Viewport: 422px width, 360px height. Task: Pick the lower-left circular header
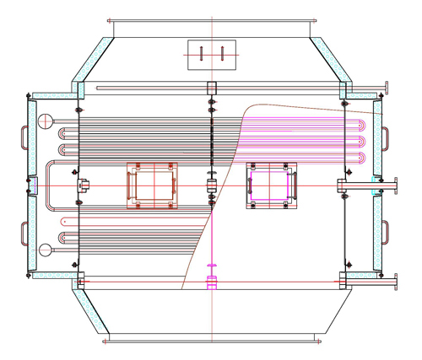pyautogui.click(x=44, y=250)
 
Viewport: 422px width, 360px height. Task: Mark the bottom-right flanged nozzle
pyautogui.click(x=393, y=282)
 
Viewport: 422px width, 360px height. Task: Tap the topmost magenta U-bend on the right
pyautogui.click(x=365, y=125)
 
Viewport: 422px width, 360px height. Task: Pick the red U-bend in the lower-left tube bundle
pyautogui.click(x=62, y=222)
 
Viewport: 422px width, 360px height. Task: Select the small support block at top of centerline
pyautogui.click(x=211, y=86)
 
